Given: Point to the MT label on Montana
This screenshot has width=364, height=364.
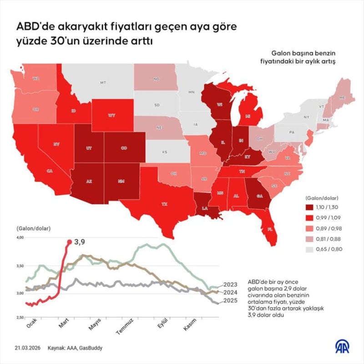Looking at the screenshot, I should tap(103, 83).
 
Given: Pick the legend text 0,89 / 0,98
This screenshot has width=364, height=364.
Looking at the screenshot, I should tap(331, 227).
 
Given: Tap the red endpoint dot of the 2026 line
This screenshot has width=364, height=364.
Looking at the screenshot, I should tap(69, 242).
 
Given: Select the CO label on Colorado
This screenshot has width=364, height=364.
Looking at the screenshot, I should tap(124, 148).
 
